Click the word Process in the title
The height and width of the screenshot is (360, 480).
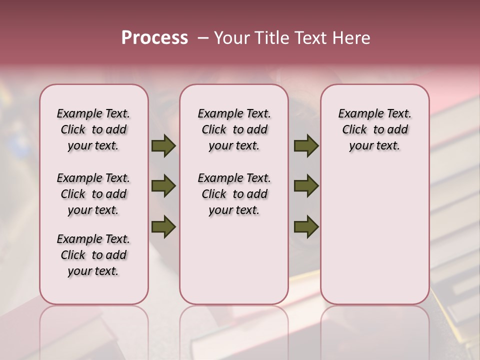[x=154, y=38]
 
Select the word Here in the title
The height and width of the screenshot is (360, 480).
[x=351, y=38]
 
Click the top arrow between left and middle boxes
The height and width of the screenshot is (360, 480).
[x=163, y=146]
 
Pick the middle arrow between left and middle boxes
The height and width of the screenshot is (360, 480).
[x=163, y=186]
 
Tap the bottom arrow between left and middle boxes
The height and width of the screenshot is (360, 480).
[x=163, y=226]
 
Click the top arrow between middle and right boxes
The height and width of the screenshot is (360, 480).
[x=306, y=146]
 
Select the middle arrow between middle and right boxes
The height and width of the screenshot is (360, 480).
[x=306, y=186]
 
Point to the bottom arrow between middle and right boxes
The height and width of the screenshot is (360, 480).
[x=306, y=226]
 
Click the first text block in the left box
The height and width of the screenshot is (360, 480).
[x=93, y=129]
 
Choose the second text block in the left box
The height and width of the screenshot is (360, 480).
[x=93, y=194]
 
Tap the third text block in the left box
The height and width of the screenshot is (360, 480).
[x=93, y=255]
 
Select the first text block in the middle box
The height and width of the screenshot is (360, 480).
[x=234, y=129]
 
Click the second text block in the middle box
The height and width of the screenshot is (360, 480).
[x=234, y=194]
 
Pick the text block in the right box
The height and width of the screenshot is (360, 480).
[x=374, y=129]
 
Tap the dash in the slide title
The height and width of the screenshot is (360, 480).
[x=203, y=38]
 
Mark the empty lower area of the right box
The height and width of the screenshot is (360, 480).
[x=374, y=230]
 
